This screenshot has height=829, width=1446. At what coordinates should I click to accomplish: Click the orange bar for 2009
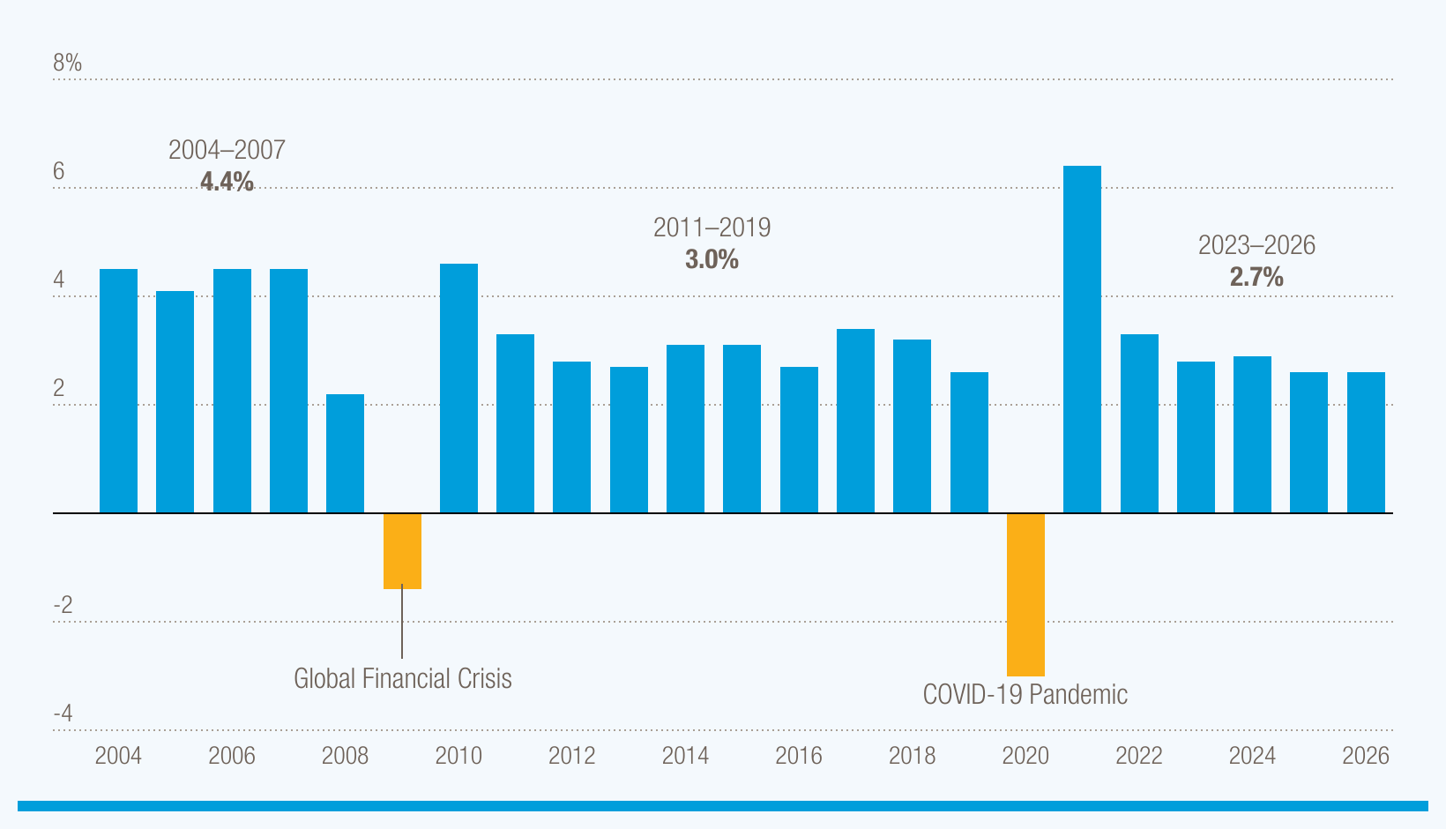pyautogui.click(x=402, y=550)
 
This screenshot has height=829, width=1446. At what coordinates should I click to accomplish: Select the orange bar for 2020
pyautogui.click(x=1025, y=594)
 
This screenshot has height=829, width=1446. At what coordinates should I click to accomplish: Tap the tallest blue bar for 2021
pyautogui.click(x=1082, y=340)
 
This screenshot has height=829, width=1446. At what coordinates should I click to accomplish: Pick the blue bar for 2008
pyautogui.click(x=345, y=453)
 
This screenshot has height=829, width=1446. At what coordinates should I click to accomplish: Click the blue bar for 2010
pyautogui.click(x=458, y=388)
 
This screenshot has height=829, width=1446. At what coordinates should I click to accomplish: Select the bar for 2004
pyautogui.click(x=118, y=391)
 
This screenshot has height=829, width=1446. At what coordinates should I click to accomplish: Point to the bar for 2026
pyautogui.click(x=1366, y=443)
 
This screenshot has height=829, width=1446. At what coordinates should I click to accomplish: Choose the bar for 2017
pyautogui.click(x=855, y=421)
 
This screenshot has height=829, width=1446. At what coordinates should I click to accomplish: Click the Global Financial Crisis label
pyautogui.click(x=402, y=678)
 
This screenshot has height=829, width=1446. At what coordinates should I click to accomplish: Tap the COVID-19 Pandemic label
pyautogui.click(x=1025, y=694)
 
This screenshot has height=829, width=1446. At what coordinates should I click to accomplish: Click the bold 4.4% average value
pyautogui.click(x=227, y=182)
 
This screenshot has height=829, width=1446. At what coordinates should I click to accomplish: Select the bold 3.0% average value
pyautogui.click(x=712, y=259)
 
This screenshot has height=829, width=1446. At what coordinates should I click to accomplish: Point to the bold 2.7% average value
pyautogui.click(x=1256, y=277)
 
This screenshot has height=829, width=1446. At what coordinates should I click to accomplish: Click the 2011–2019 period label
pyautogui.click(x=712, y=228)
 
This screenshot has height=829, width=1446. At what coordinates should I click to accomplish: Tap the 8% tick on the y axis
pyautogui.click(x=67, y=63)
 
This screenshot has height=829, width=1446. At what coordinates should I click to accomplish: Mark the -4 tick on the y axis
pyautogui.click(x=63, y=713)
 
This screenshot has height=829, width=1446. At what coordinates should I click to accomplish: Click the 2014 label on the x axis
pyautogui.click(x=685, y=756)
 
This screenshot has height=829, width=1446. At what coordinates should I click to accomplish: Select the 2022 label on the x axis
pyautogui.click(x=1138, y=756)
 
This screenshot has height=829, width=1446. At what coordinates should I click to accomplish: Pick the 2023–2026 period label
pyautogui.click(x=1256, y=245)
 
